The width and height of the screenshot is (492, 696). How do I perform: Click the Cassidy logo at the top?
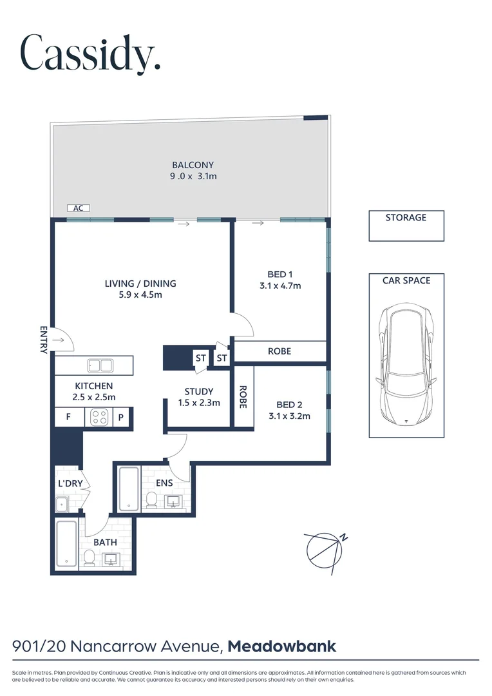(90, 53)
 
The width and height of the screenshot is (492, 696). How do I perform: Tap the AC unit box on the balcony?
(79, 208)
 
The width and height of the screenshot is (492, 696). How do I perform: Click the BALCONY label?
(193, 165)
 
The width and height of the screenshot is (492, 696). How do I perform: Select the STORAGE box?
(406, 226)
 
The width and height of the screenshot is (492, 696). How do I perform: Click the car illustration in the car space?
(406, 365)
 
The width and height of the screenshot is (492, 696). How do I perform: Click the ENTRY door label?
(44, 340)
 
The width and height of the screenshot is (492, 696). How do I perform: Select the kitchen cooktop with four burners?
(99, 417)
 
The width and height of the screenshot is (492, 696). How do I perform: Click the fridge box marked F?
(68, 417)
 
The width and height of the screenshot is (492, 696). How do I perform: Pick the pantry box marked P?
(120, 417)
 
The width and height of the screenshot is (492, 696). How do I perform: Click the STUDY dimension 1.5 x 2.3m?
(199, 403)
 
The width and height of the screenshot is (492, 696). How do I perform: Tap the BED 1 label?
(280, 274)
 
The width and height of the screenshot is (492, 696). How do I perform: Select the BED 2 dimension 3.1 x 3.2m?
(289, 416)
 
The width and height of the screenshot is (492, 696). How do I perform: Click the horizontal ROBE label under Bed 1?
(279, 351)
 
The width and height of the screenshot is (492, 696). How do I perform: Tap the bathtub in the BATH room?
(66, 543)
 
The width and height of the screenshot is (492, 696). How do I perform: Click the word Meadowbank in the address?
(282, 646)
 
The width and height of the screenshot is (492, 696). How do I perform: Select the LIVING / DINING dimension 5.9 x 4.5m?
(140, 295)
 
